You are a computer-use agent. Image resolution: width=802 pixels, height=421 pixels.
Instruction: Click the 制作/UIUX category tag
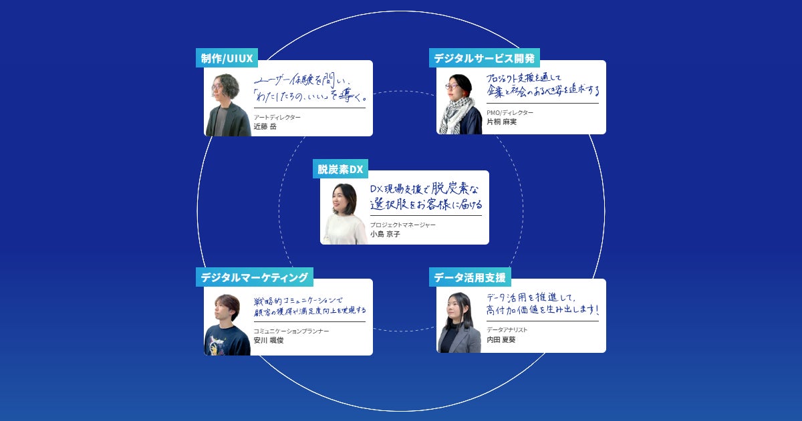[227, 58]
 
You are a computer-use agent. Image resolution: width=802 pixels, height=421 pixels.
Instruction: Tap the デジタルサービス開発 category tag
[484, 58]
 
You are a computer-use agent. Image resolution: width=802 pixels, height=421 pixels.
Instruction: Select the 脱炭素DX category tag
[340, 169]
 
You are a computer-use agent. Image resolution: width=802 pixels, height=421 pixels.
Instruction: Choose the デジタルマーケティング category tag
[255, 277]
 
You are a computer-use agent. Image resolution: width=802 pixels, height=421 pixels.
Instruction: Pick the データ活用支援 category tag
[470, 277]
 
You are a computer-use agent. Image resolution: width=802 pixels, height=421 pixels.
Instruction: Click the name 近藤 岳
[265, 126]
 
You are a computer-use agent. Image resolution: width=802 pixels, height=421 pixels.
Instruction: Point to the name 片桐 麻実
[501, 122]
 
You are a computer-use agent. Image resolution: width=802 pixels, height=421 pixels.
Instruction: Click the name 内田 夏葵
[501, 339]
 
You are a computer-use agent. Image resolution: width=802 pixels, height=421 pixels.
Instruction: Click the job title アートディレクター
[277, 117]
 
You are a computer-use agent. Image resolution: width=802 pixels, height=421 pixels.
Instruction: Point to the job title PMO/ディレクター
[510, 113]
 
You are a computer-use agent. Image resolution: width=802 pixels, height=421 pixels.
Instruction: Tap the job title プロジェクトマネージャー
[402, 225]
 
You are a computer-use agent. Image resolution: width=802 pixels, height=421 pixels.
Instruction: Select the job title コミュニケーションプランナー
[291, 331]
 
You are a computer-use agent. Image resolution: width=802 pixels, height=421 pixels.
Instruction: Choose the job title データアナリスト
[507, 330]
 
